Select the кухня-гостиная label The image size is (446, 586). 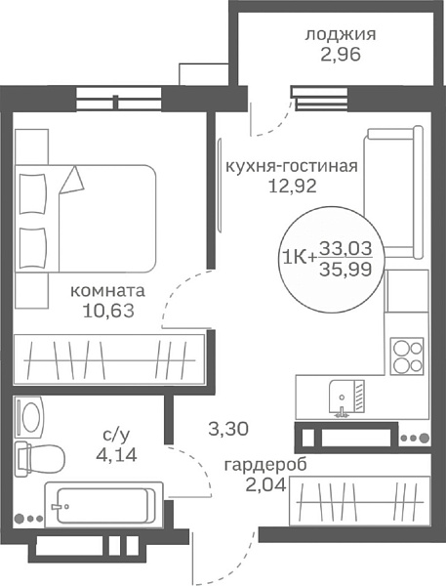[292, 166]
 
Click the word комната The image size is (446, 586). [108, 291]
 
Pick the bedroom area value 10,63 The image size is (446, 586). [108, 312]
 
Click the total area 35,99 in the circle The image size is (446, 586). [351, 269]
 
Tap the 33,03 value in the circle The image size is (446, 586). [351, 249]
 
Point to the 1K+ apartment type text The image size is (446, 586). [298, 258]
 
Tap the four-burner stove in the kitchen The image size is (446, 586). [407, 356]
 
